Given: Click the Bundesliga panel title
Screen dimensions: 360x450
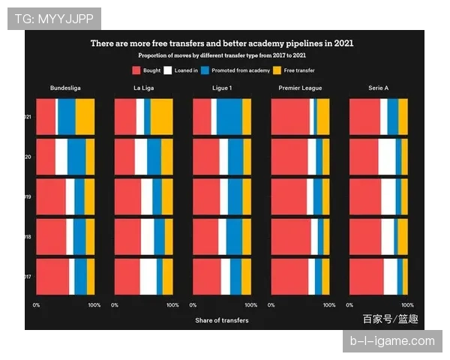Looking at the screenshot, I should coord(65,88).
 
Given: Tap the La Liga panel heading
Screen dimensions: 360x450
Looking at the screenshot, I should coord(143,88).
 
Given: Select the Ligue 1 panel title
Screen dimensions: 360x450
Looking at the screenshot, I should coord(222,88).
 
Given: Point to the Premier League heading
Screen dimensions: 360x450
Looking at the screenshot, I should coord(300,88).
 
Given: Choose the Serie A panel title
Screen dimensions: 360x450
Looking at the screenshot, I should coord(378,88).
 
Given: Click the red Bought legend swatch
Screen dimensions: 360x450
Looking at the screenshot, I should coord(136,70).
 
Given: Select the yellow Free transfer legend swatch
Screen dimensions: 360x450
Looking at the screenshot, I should coord(276,70).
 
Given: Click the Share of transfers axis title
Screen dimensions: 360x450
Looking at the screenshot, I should coord(222,320).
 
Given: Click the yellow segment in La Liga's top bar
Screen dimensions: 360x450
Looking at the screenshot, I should coord(162,116).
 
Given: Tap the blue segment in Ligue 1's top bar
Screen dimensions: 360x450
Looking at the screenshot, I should coord(229,116).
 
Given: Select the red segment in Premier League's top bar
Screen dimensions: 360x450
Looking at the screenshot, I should coord(290,116).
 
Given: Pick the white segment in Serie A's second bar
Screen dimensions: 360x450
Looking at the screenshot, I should coord(387,156).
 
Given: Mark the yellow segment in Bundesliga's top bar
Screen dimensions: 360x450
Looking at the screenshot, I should coord(85,116).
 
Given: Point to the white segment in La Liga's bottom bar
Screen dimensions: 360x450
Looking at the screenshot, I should coord(148,276).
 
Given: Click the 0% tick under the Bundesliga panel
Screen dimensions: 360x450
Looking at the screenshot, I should coord(36,304).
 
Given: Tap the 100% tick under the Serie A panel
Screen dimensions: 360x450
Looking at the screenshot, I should coord(408,304).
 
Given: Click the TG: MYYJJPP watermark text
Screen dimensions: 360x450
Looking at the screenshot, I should coord(54,18).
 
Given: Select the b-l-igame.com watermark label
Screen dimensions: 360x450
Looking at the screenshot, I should coord(392,341).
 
